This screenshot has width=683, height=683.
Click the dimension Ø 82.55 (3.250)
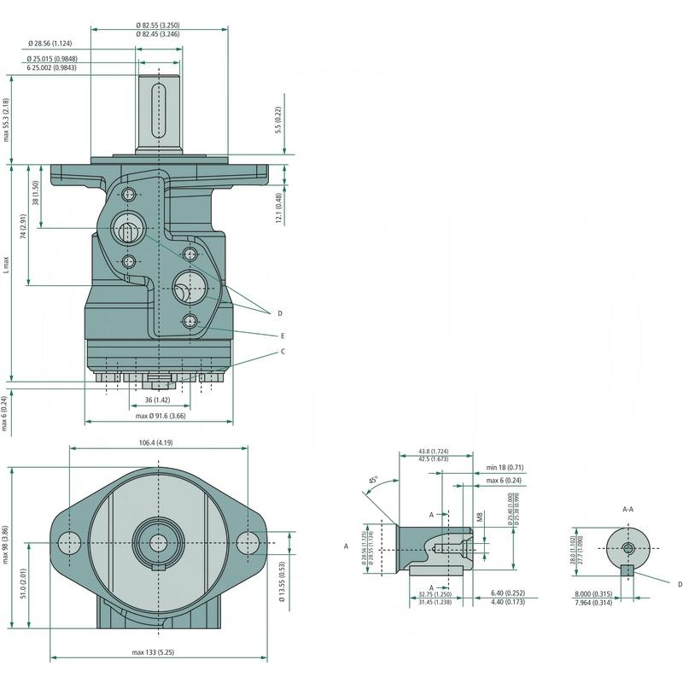(x=160, y=26)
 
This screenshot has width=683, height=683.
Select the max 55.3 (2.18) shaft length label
(x=7, y=119)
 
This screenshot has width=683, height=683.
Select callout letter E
(x=282, y=336)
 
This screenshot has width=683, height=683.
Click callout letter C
(x=283, y=351)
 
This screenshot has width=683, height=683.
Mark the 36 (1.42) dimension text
(x=157, y=400)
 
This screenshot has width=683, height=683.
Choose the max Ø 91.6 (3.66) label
(x=161, y=416)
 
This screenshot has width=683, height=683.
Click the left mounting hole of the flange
(x=69, y=541)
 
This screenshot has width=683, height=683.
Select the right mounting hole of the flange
(x=248, y=541)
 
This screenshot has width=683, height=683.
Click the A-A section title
(x=628, y=509)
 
